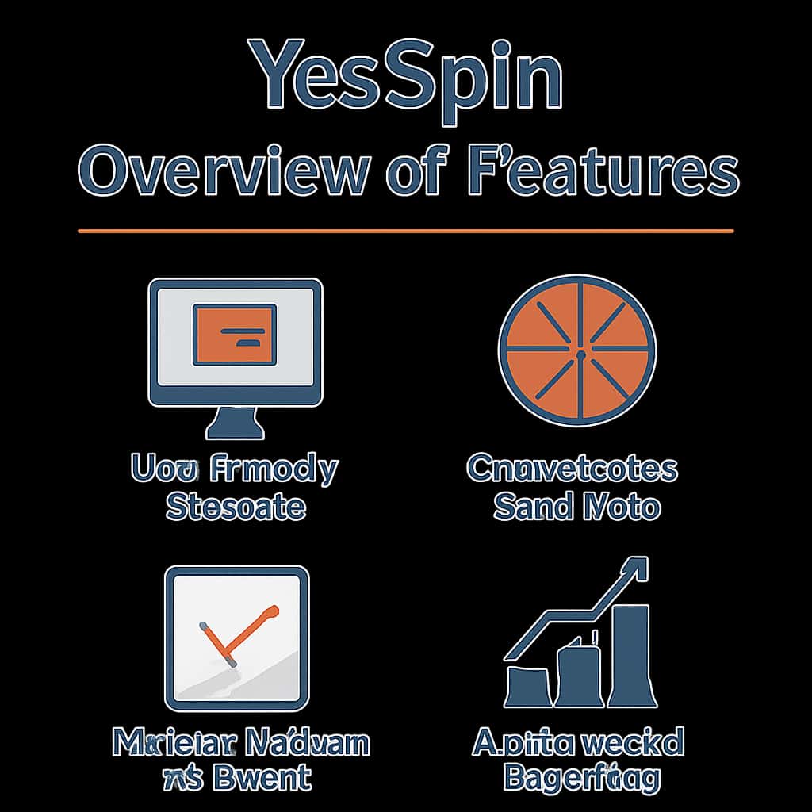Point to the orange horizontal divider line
coord(406,231)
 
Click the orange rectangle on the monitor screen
coord(235,335)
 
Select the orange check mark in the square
coord(238,634)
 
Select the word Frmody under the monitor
coord(274,469)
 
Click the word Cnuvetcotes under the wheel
coord(572,469)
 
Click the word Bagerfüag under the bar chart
coord(580,779)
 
